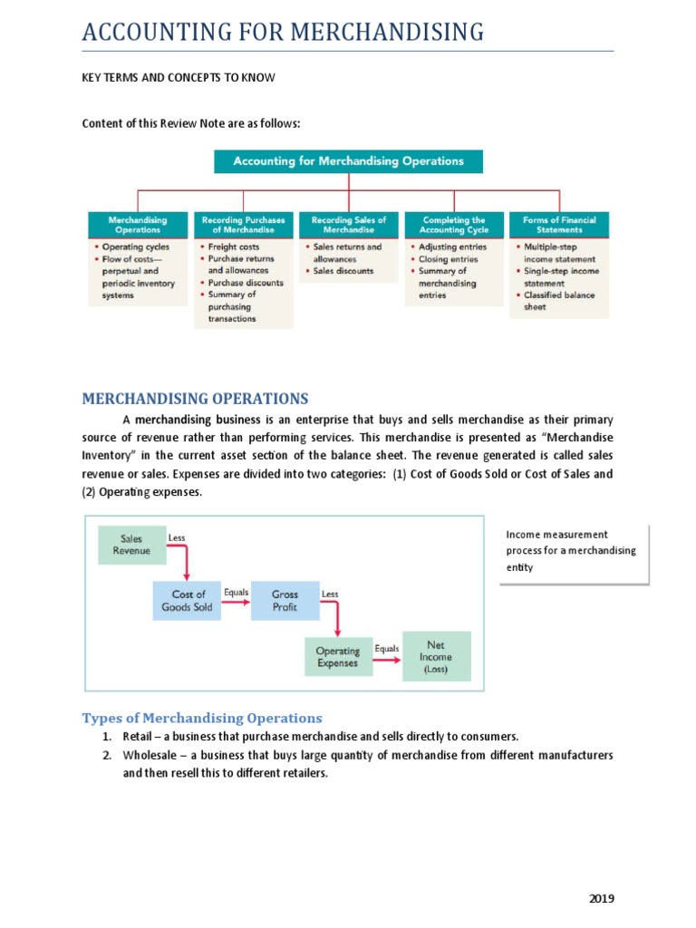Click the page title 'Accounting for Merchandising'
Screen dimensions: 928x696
(283, 33)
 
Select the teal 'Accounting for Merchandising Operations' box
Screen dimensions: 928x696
(348, 161)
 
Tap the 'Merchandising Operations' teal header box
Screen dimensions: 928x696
(137, 225)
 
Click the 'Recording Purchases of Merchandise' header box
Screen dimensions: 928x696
(243, 225)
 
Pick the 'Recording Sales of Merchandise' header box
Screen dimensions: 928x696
(348, 225)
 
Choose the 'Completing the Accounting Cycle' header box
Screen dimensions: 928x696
(453, 225)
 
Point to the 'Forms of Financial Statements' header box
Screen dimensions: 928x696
(559, 225)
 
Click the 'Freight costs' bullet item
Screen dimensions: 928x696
(233, 246)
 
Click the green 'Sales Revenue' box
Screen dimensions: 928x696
(132, 545)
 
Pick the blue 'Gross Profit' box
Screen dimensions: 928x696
(285, 601)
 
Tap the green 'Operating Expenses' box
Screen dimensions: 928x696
(337, 657)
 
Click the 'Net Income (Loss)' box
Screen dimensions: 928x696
(437, 657)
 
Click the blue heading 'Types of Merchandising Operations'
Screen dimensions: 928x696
(202, 718)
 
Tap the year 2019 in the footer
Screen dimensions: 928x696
(601, 898)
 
